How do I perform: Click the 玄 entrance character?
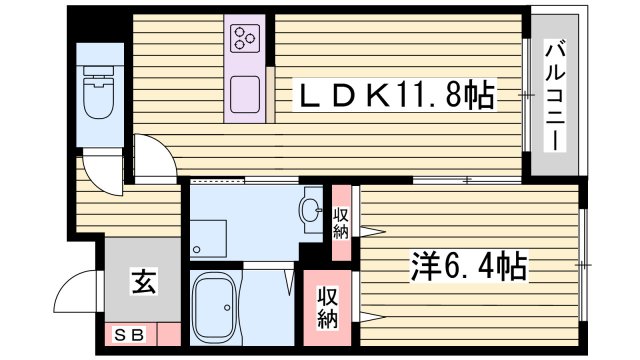[141, 284]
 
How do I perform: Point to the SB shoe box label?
[128, 334]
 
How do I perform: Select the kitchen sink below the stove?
[246, 95]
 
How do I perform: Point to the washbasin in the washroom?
[311, 211]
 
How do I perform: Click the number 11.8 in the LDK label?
[435, 97]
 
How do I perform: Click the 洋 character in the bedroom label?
[424, 267]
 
